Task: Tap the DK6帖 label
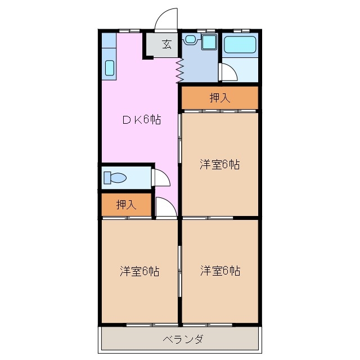[x=142, y=120]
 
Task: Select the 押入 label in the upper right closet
[x=220, y=97]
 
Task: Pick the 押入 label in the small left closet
[x=127, y=205]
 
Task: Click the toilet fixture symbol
[x=115, y=178]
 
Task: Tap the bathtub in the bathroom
[x=240, y=44]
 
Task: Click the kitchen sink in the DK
[x=110, y=68]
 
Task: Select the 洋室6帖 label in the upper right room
[x=220, y=164]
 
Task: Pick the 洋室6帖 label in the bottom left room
[x=139, y=271]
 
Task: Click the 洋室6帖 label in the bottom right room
[x=220, y=271]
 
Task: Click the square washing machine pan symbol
[x=209, y=40]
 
